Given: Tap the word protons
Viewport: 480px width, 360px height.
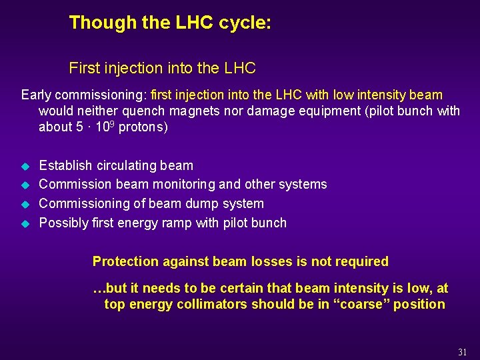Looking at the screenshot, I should (x=143, y=127).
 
